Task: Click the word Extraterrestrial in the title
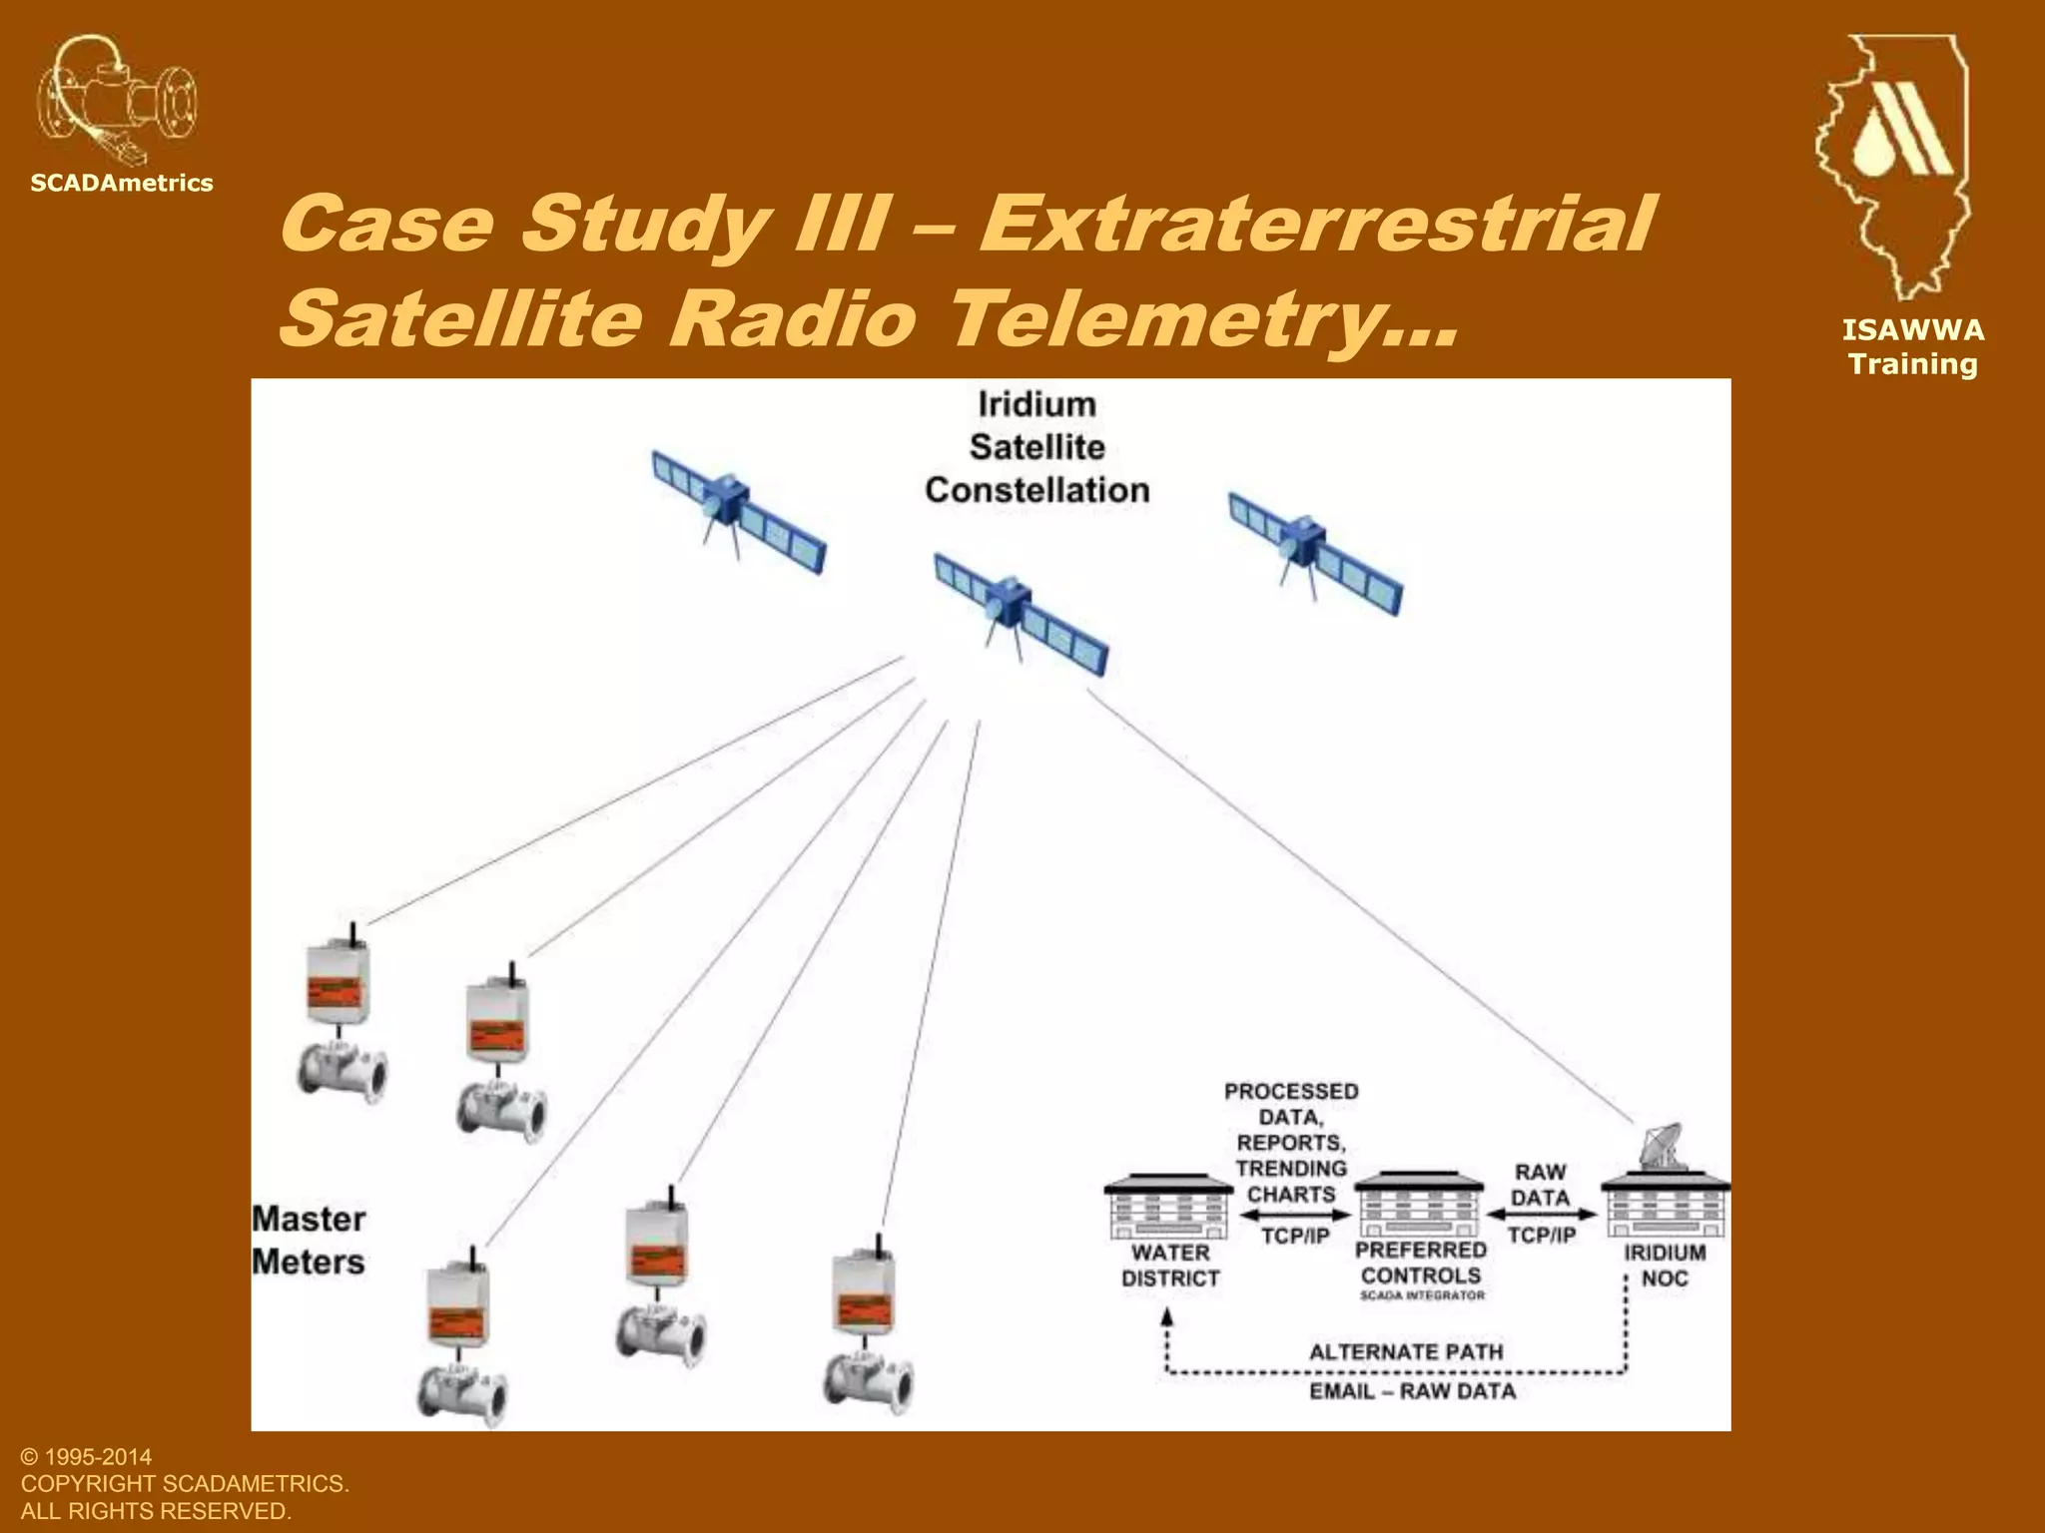(x=1314, y=224)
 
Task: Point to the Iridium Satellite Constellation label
(x=1036, y=447)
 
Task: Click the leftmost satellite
(x=738, y=510)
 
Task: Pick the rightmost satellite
(x=1314, y=552)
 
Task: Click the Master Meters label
(x=309, y=1241)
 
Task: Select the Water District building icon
(x=1168, y=1207)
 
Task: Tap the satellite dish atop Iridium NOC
(x=1661, y=1147)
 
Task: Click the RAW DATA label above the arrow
(x=1540, y=1185)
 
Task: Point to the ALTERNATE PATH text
(x=1405, y=1352)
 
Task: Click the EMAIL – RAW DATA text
(x=1412, y=1391)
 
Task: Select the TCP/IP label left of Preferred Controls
(x=1295, y=1237)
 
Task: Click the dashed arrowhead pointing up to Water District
(x=1167, y=1317)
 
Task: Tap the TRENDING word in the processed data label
(x=1291, y=1168)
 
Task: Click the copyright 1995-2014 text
(x=86, y=1457)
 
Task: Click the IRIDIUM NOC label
(x=1664, y=1266)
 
